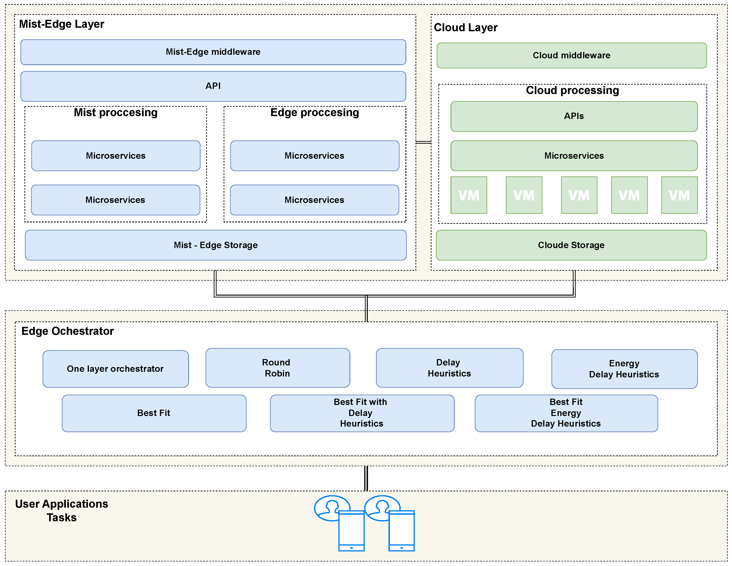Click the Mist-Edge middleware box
click(x=213, y=52)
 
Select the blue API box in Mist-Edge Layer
click(x=213, y=86)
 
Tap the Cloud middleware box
click(x=571, y=55)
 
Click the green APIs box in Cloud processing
click(x=574, y=116)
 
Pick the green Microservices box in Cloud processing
click(x=574, y=156)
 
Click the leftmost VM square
click(x=469, y=195)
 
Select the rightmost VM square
click(x=679, y=195)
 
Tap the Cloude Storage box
click(x=571, y=245)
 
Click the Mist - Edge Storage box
click(x=216, y=245)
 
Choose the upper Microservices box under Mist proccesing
click(x=116, y=156)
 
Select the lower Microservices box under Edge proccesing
click(x=314, y=200)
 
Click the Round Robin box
click(x=277, y=368)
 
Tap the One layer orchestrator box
click(x=115, y=369)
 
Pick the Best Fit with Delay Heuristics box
click(x=362, y=413)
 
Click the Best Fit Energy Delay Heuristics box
click(x=566, y=413)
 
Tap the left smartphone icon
click(x=351, y=530)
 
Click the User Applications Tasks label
click(x=61, y=510)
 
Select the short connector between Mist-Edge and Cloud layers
click(x=423, y=142)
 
